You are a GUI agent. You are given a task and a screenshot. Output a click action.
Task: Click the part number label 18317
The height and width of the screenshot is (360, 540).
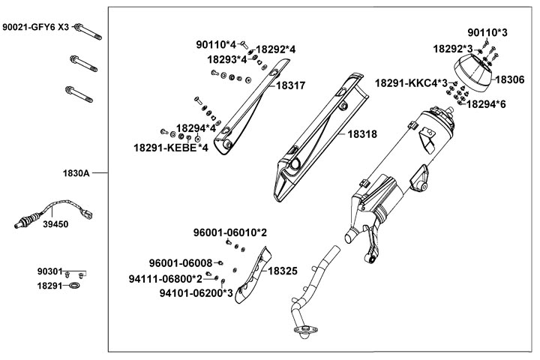pyautogui.click(x=291, y=86)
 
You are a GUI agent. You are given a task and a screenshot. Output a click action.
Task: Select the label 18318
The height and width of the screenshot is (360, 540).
pyautogui.click(x=361, y=136)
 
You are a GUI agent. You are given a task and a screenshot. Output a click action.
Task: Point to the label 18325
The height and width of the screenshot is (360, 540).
pyautogui.click(x=283, y=270)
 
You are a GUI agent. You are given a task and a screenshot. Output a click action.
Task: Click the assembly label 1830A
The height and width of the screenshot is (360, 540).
pyautogui.click(x=76, y=173)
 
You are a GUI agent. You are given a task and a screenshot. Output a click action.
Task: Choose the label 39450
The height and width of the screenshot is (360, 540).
pyautogui.click(x=55, y=223)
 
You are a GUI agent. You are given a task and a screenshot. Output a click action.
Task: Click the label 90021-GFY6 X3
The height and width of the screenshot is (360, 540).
pyautogui.click(x=35, y=27)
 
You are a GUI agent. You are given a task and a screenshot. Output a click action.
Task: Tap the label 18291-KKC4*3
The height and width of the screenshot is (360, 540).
pyautogui.click(x=411, y=82)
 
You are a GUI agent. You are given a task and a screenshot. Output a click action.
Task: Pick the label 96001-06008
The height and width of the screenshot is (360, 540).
pyautogui.click(x=181, y=263)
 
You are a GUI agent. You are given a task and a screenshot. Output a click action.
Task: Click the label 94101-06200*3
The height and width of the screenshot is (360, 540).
pyautogui.click(x=196, y=293)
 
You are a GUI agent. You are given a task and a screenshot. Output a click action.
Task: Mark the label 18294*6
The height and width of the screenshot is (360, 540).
pyautogui.click(x=486, y=104)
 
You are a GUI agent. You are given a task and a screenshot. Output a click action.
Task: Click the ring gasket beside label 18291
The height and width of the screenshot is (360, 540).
pyautogui.click(x=75, y=286)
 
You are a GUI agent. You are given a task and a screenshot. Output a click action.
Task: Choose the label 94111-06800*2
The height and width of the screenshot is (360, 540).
pyautogui.click(x=165, y=278)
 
